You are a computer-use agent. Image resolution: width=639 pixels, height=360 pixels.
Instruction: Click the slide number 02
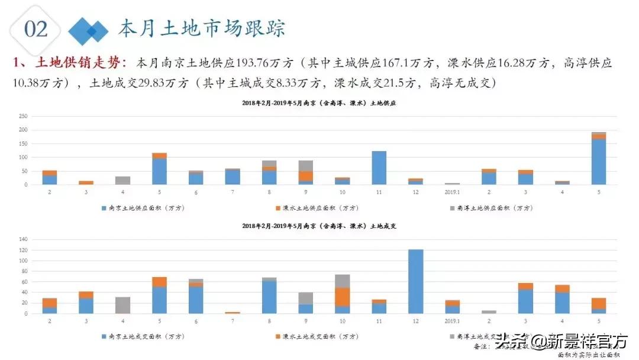click(x=35, y=28)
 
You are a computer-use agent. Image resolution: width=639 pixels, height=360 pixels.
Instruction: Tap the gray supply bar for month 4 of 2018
click(x=123, y=180)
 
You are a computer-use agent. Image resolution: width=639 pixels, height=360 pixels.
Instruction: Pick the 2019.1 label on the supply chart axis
click(x=453, y=192)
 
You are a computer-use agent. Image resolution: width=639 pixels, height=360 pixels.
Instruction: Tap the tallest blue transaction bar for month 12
click(x=416, y=281)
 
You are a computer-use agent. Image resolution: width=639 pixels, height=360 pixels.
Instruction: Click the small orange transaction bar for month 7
click(x=233, y=312)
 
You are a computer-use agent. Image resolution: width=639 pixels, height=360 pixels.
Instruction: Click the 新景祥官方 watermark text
click(x=579, y=341)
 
